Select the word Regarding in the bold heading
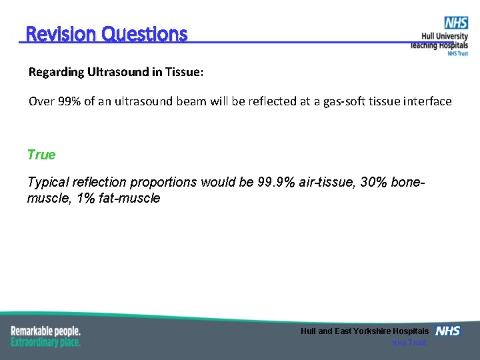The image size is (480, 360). coord(56,72)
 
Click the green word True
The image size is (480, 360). coord(41,155)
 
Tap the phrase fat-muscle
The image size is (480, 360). coord(127,198)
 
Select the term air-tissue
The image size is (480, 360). coord(322,183)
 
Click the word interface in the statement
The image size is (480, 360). coord(428,101)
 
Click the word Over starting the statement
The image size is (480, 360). coord(40,101)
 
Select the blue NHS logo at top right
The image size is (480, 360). coord(456,23)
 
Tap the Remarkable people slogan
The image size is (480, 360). coord(45,331)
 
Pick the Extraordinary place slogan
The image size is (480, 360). coord(45,342)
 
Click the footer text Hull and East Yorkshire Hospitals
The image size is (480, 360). coord(365,331)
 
